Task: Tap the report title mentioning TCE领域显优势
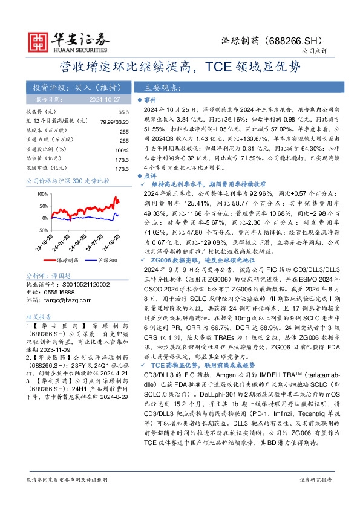[179, 66]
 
